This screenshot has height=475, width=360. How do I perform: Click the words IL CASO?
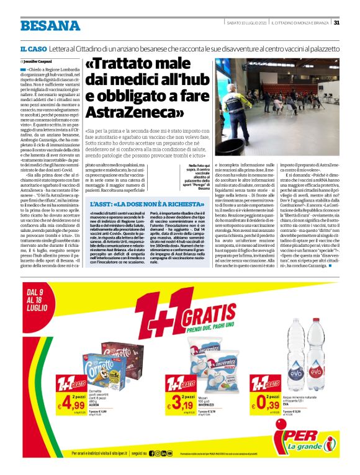33,48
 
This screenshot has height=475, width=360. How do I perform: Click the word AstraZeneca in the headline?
124,112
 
